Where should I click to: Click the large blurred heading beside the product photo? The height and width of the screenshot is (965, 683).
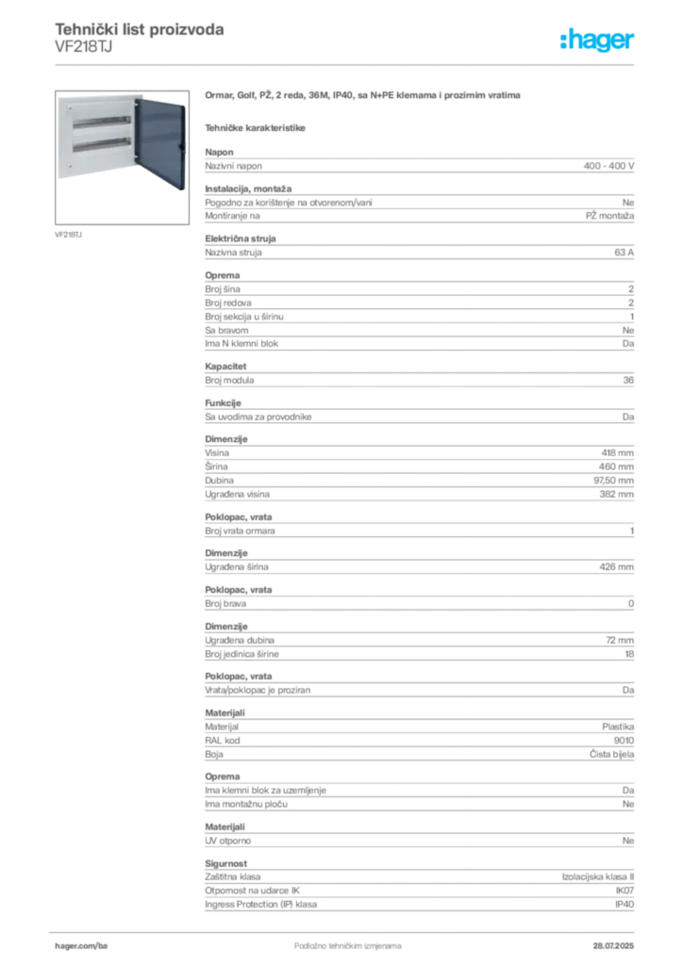(363, 97)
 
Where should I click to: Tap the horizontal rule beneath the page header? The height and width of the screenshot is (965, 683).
(347, 64)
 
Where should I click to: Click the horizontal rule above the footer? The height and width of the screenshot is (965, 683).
(347, 928)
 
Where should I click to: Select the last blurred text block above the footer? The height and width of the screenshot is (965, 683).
(419, 891)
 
